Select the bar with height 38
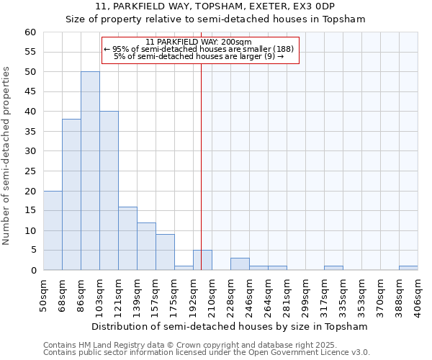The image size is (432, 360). tap(71, 194)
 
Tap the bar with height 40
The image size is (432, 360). tap(109, 191)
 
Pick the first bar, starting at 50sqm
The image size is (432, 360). tap(53, 230)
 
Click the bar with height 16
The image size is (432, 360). tap(127, 238)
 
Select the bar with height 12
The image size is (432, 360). tap(146, 246)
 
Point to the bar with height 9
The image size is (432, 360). tap(165, 252)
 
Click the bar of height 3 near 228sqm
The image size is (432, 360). tap(240, 264)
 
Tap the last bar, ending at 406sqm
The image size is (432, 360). tap(408, 269)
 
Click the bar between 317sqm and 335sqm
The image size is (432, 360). tap(333, 269)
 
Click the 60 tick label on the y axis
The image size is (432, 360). tap(30, 32)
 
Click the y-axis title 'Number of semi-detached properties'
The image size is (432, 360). tap(7, 156)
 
